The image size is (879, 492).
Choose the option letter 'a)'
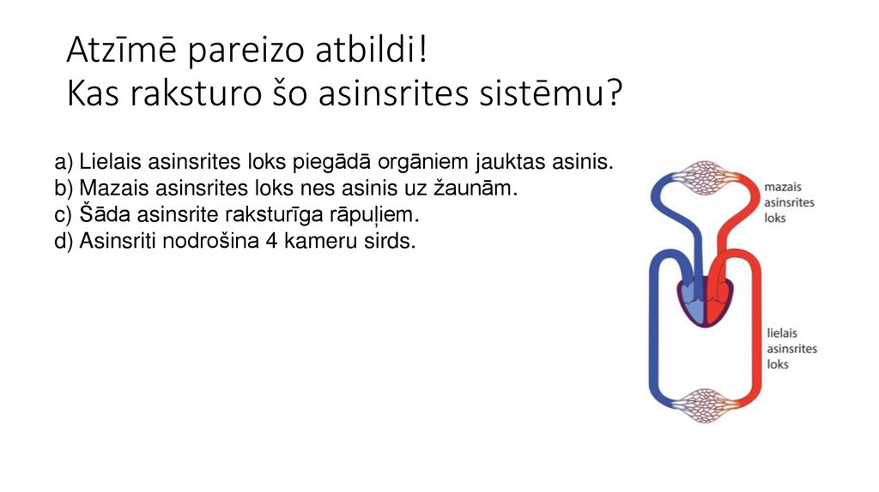pos(64,162)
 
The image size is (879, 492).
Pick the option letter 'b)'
pos(64,189)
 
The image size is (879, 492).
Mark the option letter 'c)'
pos(64,214)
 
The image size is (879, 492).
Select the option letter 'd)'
pos(64,241)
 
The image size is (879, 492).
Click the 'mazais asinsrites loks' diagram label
pos(789,202)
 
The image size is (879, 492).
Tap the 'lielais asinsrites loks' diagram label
pos(791,348)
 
